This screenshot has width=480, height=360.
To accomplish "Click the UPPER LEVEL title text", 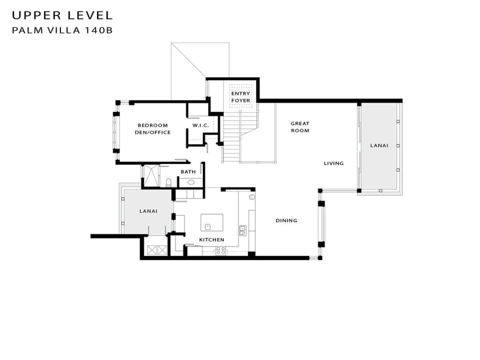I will click(62, 15).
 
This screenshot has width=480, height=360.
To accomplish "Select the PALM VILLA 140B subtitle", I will click(62, 30).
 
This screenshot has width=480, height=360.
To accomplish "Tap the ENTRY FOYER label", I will click(240, 97).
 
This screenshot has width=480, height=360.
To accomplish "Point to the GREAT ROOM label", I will click(300, 127).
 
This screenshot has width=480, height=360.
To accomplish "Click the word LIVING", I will click(333, 163).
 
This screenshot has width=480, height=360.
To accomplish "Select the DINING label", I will click(286, 220).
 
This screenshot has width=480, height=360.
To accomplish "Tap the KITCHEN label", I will click(211, 240).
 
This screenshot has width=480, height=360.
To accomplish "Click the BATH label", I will click(188, 172).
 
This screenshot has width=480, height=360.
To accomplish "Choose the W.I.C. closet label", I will click(200, 125).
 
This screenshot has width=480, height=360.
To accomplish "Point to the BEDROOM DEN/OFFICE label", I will click(152, 129).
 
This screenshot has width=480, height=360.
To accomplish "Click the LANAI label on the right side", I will click(378, 145).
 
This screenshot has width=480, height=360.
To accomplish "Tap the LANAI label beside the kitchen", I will click(148, 211).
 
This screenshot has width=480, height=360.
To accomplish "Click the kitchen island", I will click(212, 222).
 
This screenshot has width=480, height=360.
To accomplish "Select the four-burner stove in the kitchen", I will click(220, 251).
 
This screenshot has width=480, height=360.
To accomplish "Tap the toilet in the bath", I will click(169, 182).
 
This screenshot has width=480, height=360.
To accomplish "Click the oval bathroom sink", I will click(190, 182).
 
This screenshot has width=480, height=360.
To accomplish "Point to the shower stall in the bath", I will click(150, 175).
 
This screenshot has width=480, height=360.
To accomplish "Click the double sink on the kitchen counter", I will click(242, 229).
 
